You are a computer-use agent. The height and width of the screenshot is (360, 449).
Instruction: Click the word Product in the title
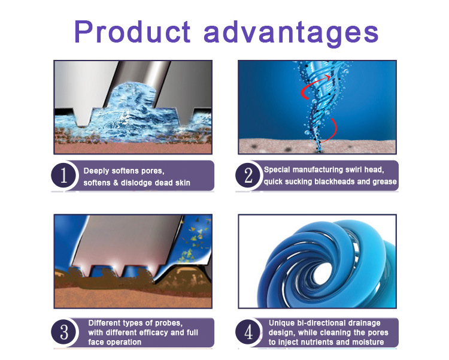coord(132,32)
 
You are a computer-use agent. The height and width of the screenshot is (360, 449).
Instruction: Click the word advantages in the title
coord(291,34)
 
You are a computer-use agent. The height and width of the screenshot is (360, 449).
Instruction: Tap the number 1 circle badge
coord(63,175)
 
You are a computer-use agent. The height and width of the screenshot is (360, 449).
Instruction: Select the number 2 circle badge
coord(248,175)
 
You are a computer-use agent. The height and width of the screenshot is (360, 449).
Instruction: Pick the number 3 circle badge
coord(63,332)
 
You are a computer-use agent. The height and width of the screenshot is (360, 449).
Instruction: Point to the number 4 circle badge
coord(248,332)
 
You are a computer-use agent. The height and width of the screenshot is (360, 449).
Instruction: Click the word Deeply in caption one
coord(96,171)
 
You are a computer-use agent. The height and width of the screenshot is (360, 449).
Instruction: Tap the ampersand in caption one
coord(116,183)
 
